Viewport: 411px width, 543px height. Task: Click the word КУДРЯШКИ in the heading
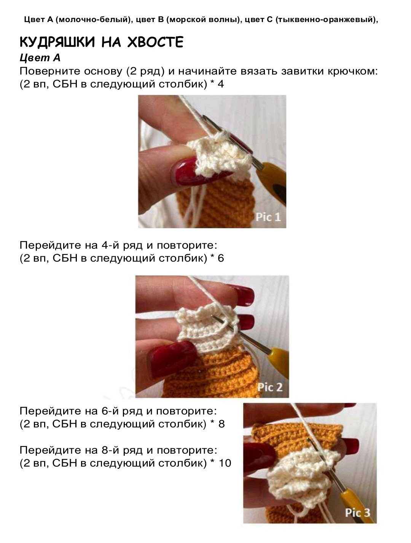click(x=57, y=42)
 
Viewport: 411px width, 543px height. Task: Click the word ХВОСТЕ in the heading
click(x=155, y=42)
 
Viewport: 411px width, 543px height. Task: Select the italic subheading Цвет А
click(x=40, y=58)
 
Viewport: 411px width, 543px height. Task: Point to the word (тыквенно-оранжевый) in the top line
click(x=327, y=19)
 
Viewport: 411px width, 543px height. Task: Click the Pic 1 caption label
click(x=268, y=217)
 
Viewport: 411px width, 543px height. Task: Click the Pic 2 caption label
click(x=270, y=387)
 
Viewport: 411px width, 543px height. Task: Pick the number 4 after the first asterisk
click(x=221, y=84)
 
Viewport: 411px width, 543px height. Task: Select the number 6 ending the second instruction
click(x=221, y=258)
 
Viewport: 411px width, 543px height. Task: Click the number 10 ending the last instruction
click(x=225, y=463)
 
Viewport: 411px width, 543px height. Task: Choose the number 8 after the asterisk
click(x=221, y=424)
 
